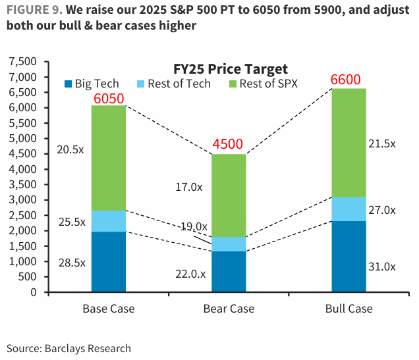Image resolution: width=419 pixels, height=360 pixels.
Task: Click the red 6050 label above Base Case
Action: pos(109,99)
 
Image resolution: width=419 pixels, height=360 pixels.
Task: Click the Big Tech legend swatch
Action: pos(67,84)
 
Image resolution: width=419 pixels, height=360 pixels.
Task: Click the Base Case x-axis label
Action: pos(108,309)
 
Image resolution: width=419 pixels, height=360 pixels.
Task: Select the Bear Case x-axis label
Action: pos(228,309)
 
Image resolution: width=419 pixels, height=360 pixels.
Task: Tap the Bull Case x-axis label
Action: pos(349,309)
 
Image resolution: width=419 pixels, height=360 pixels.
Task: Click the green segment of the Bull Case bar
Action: pos(349,142)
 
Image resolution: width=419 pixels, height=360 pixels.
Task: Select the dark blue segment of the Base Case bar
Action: pos(108,262)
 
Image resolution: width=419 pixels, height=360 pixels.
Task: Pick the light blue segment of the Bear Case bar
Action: pos(228,244)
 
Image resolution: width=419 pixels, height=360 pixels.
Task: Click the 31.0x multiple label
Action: pos(381,267)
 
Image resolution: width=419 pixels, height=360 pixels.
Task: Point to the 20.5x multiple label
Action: pos(71,149)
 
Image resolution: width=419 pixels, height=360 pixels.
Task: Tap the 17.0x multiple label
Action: pos(190,188)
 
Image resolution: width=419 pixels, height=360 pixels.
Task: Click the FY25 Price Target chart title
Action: pos(231,68)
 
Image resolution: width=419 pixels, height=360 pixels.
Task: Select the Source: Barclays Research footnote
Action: pos(69,348)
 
